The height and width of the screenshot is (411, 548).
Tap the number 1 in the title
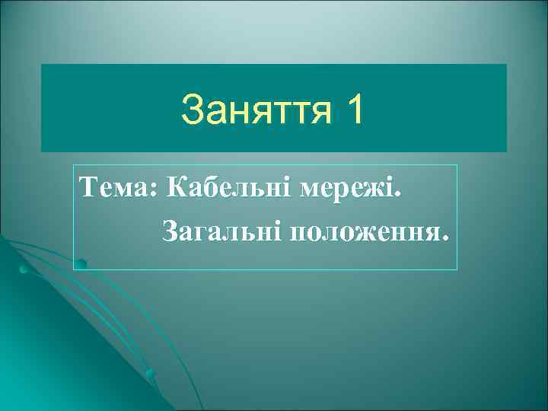[354, 111]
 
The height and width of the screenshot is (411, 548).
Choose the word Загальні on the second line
[219, 230]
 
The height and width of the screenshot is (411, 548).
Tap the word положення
[360, 230]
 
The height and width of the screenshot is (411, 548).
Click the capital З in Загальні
[169, 229]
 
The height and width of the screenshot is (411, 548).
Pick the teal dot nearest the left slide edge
[24, 269]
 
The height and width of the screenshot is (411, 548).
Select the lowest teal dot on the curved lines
[151, 374]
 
